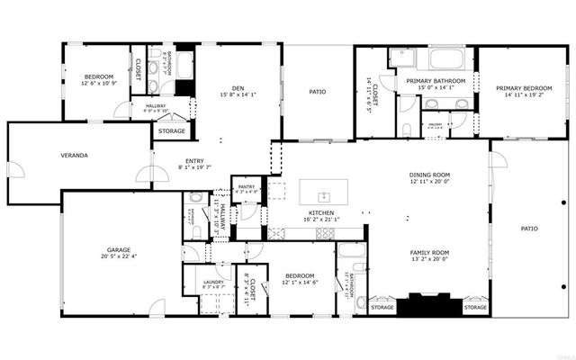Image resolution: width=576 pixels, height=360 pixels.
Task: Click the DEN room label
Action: (x=238, y=85)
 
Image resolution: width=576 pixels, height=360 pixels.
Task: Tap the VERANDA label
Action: (x=74, y=156)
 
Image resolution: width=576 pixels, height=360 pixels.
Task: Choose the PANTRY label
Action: (x=246, y=186)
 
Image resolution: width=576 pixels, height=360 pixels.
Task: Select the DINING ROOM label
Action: (x=428, y=175)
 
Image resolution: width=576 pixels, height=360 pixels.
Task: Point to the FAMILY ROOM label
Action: (x=428, y=254)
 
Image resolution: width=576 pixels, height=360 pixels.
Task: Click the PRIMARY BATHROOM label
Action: (x=436, y=81)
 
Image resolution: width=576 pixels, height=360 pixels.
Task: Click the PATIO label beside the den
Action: (x=317, y=91)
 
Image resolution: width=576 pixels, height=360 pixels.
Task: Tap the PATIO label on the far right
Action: (x=530, y=229)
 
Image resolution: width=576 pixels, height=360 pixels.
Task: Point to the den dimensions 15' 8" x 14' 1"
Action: (x=238, y=94)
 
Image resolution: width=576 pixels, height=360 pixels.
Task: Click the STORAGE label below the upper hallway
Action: (x=171, y=131)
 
